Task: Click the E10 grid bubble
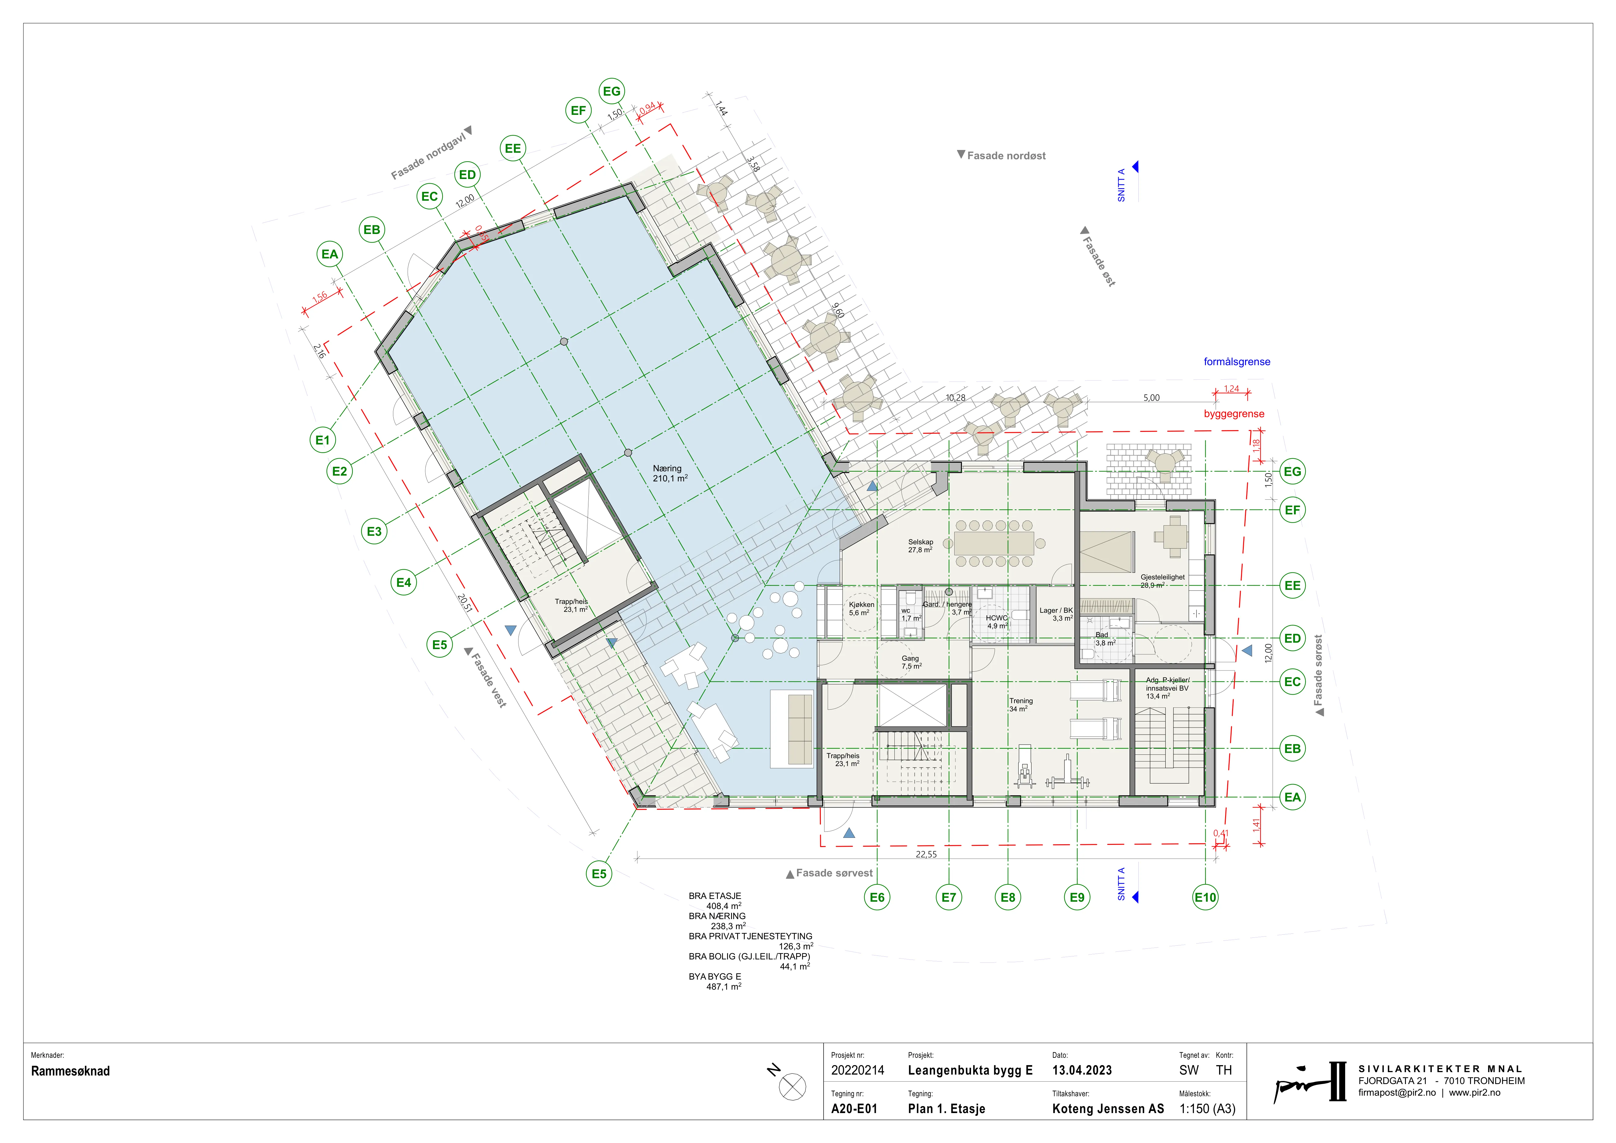1205,897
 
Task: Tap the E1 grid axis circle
322,440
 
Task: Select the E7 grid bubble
949,897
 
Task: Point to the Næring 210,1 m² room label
669,473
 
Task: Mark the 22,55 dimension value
926,854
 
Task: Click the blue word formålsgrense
1237,362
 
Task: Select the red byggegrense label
1234,414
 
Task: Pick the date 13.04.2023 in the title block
1082,1071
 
